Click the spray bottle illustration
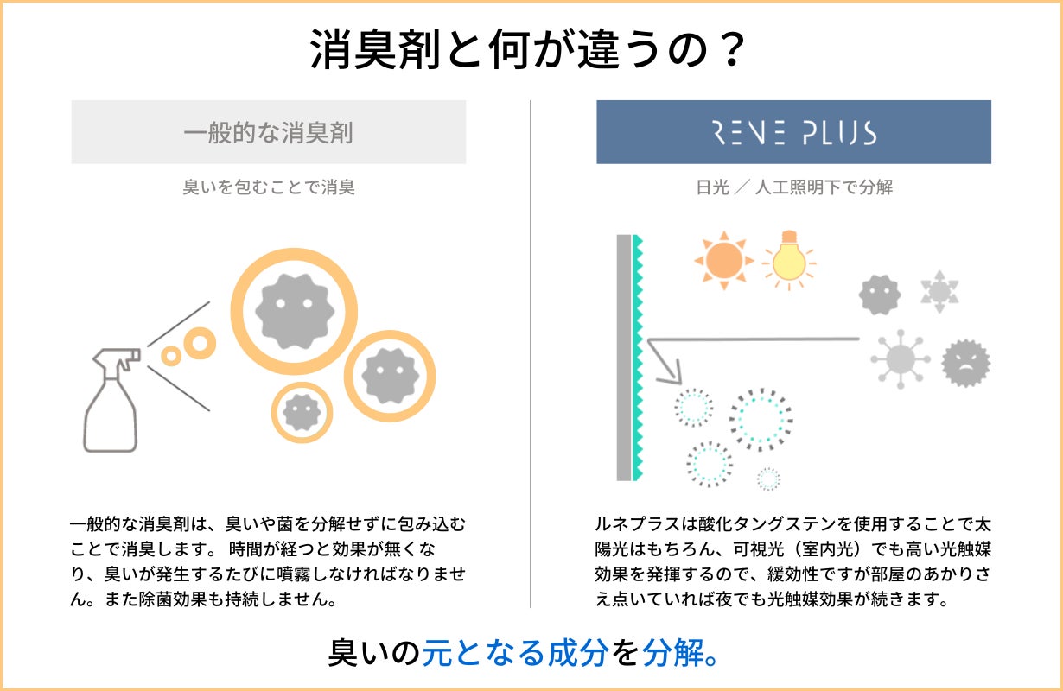pos(111,406)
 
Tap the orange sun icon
pos(723,258)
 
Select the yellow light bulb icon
pos(788,257)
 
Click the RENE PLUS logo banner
pos(793,132)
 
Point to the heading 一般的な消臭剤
pos(268,132)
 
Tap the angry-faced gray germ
pos(965,363)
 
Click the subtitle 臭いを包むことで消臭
pos(268,187)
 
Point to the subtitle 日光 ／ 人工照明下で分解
pos(793,187)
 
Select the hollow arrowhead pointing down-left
pos(667,371)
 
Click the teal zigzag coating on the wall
pos(639,358)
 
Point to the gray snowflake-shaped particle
pos(939,291)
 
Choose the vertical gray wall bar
pos(624,358)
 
